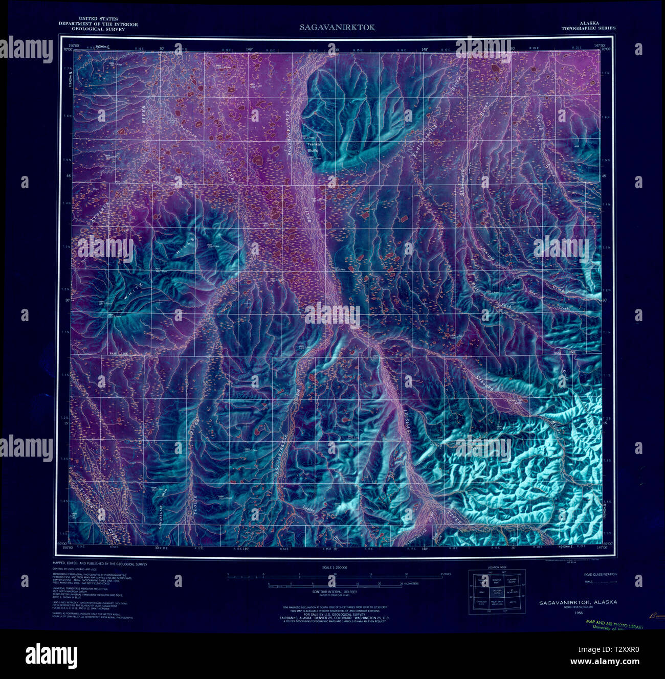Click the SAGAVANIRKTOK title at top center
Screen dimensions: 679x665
coord(337,27)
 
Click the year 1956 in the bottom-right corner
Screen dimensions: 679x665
coord(578,613)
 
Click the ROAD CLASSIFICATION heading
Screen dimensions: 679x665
coord(600,574)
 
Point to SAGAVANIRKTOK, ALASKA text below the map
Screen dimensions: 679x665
coord(578,602)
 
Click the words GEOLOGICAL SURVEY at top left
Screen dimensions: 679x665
coord(91,29)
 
